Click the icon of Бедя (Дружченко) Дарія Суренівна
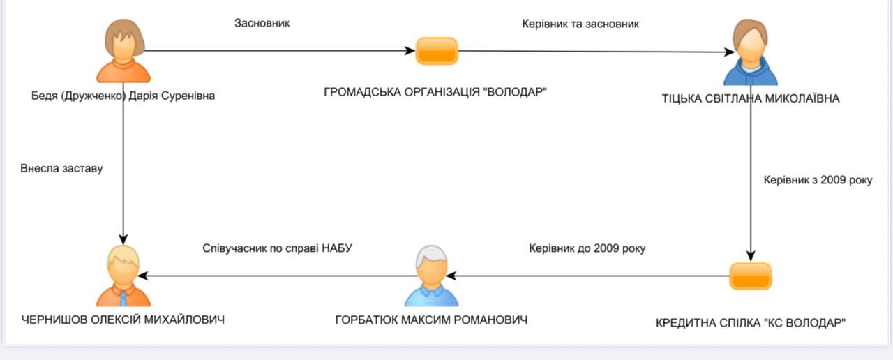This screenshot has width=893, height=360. tap(123, 52)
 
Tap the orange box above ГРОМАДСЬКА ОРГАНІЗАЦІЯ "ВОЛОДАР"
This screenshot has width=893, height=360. tap(437, 51)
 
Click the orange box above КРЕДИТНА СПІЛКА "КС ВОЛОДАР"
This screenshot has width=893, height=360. tap(751, 276)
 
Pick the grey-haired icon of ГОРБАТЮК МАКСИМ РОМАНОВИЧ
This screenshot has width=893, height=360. tap(431, 277)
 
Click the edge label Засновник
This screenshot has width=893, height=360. tap(262, 23)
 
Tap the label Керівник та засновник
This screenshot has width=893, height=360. tap(580, 24)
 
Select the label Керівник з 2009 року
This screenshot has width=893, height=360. tap(818, 180)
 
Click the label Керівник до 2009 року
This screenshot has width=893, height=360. tap(587, 248)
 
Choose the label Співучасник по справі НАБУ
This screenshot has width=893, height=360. tap(277, 248)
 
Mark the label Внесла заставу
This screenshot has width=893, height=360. tap(61, 168)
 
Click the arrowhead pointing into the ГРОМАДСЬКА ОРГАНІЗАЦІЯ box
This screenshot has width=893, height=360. tap(410, 51)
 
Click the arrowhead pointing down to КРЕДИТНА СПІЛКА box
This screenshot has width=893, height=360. tap(751, 255)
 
